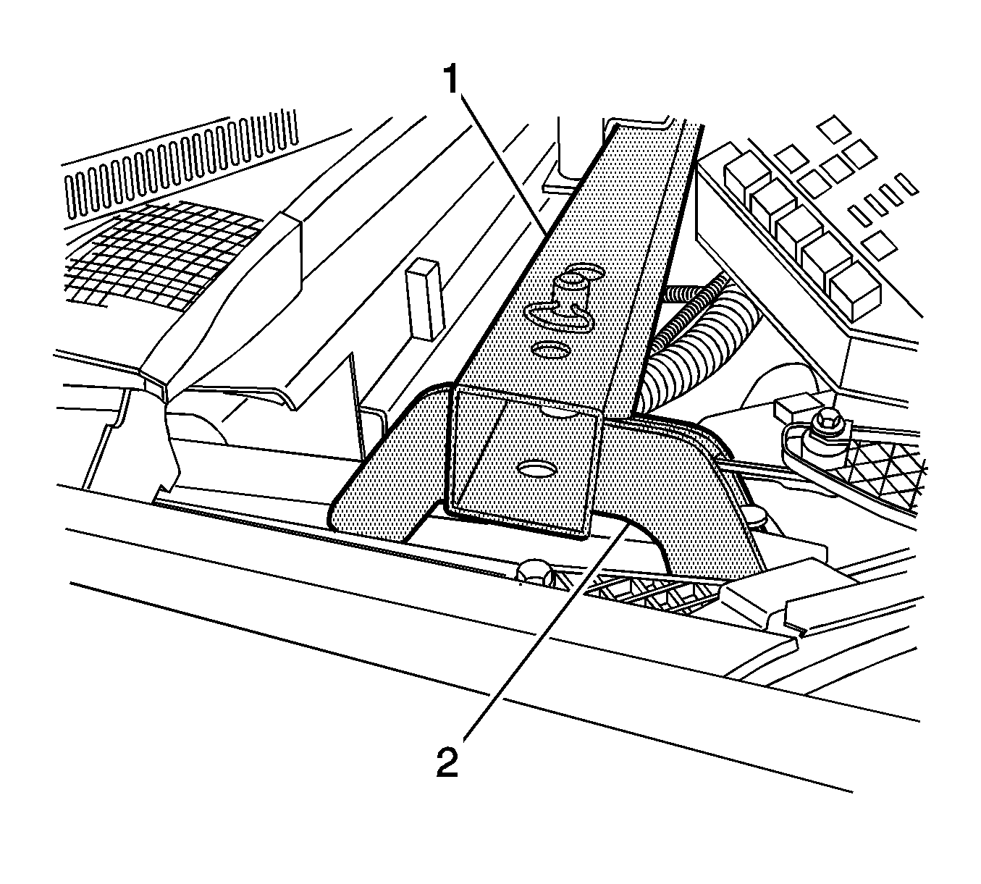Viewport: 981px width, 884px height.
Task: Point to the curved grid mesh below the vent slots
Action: pos(159,253)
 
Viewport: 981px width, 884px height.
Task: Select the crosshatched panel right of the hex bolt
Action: pos(883,471)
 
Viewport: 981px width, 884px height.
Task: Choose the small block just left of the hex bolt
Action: pos(788,409)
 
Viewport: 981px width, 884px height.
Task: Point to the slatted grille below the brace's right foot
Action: pos(644,594)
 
